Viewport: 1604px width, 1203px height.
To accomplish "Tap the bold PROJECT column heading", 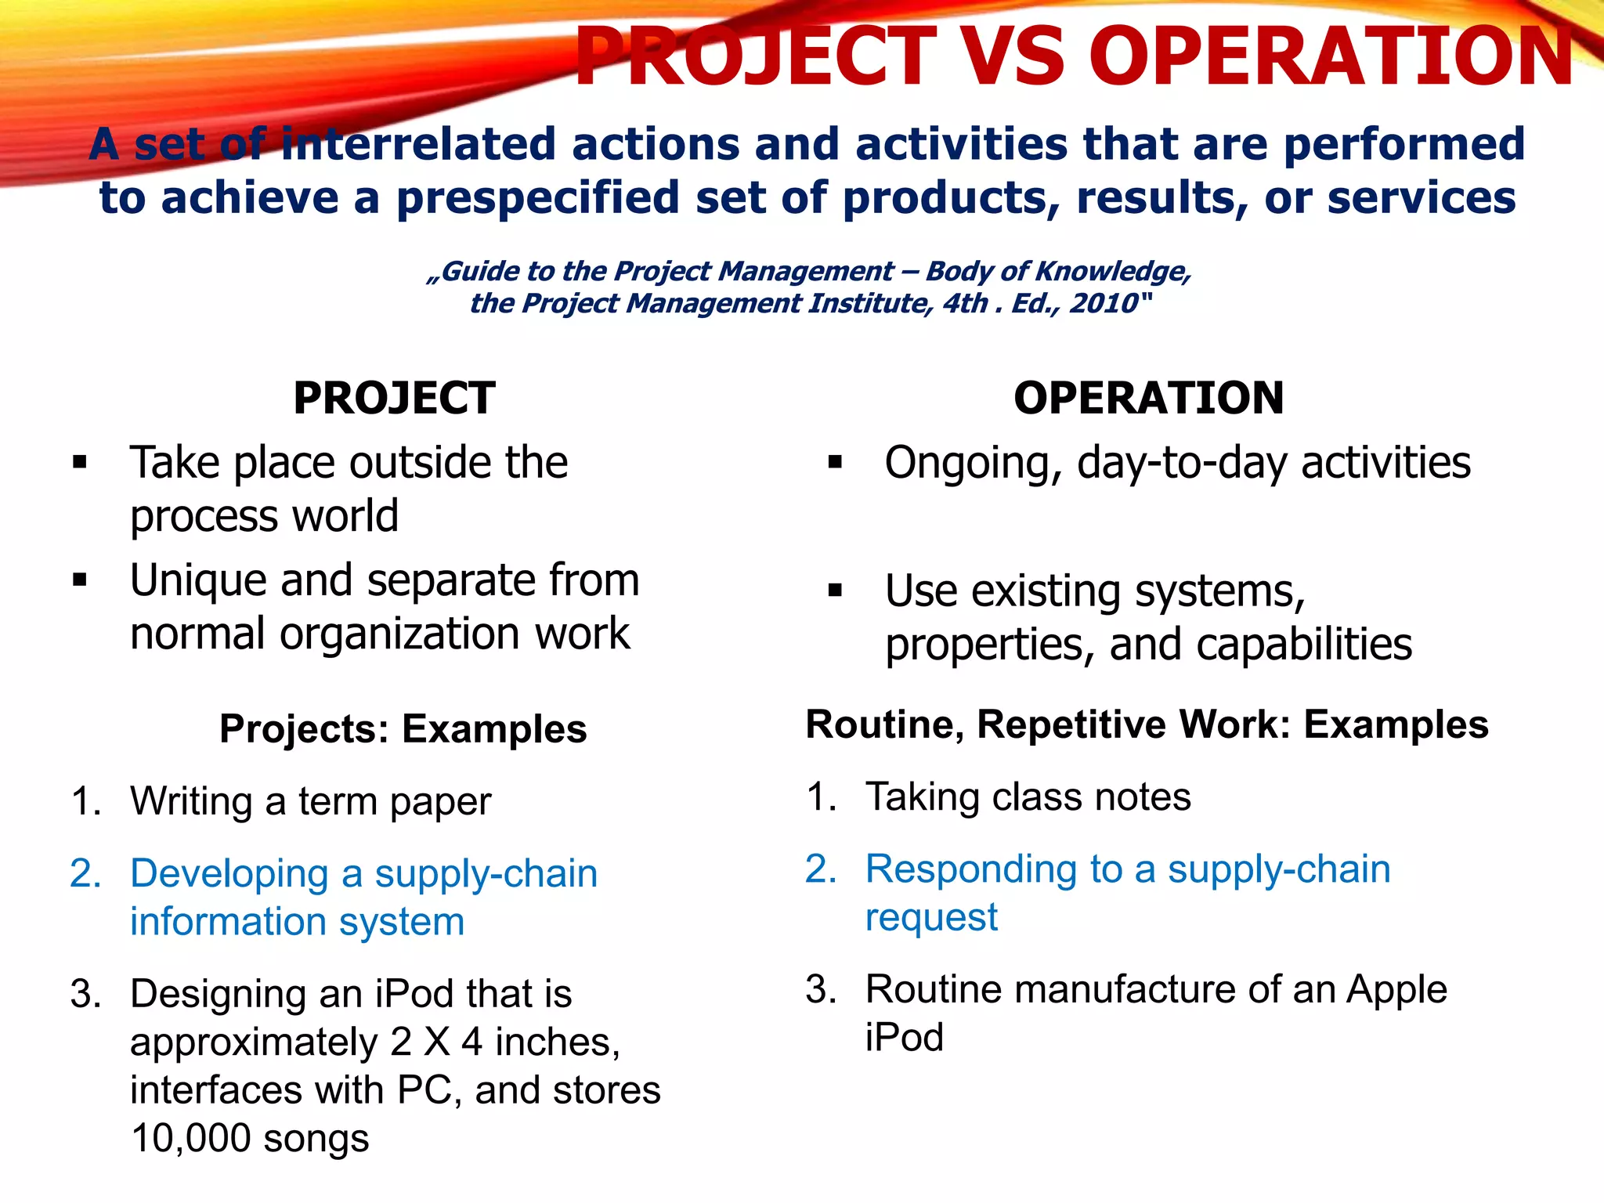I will click(x=394, y=398).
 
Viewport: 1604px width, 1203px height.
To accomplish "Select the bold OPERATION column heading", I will click(x=1148, y=398).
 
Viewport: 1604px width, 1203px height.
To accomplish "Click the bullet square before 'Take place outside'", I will click(x=79, y=462).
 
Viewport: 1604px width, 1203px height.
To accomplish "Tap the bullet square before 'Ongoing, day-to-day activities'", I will click(x=835, y=462).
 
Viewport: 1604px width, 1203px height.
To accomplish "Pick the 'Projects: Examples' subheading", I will click(x=403, y=729).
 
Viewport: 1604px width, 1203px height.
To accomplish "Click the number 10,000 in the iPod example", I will click(x=190, y=1139).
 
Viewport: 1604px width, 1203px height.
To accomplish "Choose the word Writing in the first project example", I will click(x=191, y=801).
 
